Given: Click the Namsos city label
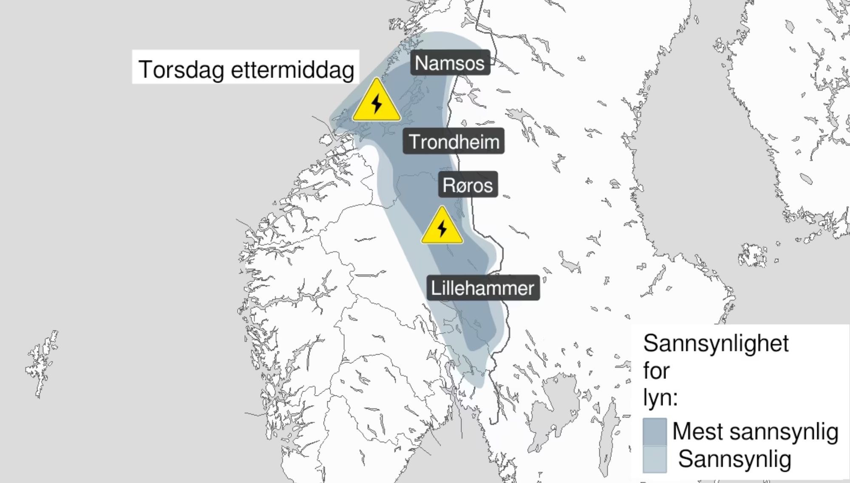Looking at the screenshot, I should point(450,63).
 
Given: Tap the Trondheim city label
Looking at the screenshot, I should point(453,141).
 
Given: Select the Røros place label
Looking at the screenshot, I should point(467,185).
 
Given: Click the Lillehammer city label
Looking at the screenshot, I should point(483,288).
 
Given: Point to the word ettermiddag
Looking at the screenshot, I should point(292,69).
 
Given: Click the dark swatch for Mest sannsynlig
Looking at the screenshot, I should point(654,432).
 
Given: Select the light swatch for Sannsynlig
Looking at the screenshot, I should point(654,459).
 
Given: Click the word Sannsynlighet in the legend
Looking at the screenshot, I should point(716,343).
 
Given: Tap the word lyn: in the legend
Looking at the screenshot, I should point(660,398).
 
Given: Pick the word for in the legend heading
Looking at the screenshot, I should point(656,371).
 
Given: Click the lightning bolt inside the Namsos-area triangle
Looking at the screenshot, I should point(377,103).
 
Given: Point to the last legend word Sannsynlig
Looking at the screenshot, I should point(734,459).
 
